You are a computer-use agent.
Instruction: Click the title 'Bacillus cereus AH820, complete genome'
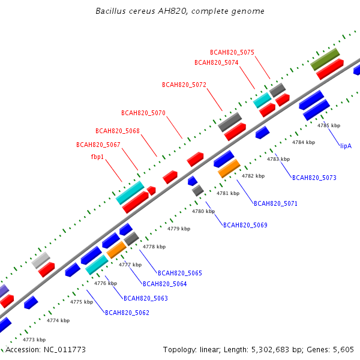180,11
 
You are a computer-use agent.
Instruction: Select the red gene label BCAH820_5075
232,53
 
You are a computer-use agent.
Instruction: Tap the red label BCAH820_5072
184,85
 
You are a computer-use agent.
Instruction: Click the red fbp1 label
97,157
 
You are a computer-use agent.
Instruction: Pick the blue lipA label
346,146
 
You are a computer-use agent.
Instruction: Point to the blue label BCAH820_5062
127,313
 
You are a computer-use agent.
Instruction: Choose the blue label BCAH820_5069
245,225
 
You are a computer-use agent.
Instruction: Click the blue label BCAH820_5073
314,178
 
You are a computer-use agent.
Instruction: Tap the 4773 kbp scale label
34,340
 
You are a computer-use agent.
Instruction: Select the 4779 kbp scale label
179,229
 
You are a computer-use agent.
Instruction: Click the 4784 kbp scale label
304,142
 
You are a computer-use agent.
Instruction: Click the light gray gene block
41,260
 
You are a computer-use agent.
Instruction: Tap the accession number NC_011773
65,350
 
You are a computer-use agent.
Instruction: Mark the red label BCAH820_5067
98,145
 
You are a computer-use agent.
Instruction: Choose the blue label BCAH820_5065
180,273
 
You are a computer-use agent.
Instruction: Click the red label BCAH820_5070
143,113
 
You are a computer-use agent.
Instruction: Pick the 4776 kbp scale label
106,284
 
